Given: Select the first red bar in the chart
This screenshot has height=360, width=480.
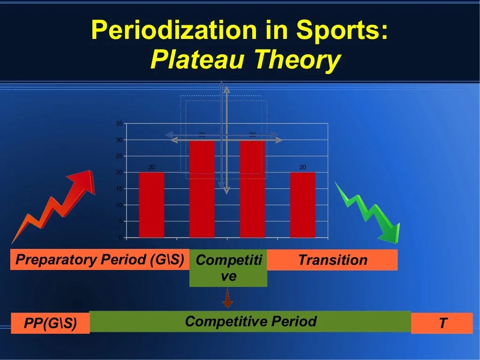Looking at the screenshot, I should [x=151, y=205].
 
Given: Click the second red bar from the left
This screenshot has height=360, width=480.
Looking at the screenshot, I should [x=202, y=189].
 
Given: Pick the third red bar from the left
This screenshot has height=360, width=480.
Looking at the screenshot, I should [x=252, y=189].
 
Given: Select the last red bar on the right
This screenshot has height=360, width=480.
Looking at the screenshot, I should [x=303, y=205].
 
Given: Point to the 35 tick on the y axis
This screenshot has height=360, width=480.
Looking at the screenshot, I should [x=119, y=124].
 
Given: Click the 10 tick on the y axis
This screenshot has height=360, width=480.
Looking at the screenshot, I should [x=119, y=205].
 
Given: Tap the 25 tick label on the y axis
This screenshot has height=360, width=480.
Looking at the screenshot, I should [x=119, y=156].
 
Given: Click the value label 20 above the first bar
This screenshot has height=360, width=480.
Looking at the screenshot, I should [x=151, y=167].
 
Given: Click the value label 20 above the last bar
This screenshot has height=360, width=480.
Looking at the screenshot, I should [x=303, y=167].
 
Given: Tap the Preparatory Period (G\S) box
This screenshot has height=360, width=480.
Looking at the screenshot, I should [x=99, y=260].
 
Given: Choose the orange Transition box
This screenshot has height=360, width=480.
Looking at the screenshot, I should [x=332, y=260].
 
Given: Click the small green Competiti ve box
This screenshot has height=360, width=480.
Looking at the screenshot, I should [x=228, y=268].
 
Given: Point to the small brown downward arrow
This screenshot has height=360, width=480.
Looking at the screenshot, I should [x=228, y=299].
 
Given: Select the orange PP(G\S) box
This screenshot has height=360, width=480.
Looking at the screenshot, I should [x=50, y=323].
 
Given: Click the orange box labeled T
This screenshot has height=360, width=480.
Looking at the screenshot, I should [x=442, y=323].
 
